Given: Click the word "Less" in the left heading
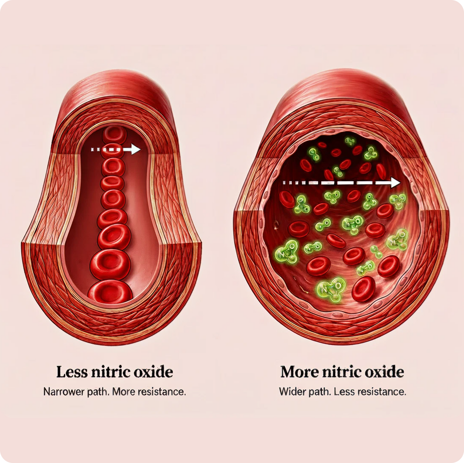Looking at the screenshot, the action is [x=72, y=372].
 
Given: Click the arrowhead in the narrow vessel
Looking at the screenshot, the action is [x=136, y=149].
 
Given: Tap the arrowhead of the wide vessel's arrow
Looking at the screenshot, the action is [x=395, y=182].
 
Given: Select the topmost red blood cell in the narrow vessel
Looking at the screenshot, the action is [x=114, y=135].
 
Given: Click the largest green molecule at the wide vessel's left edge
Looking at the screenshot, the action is [x=287, y=252].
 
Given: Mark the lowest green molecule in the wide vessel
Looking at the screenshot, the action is [x=331, y=290].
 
